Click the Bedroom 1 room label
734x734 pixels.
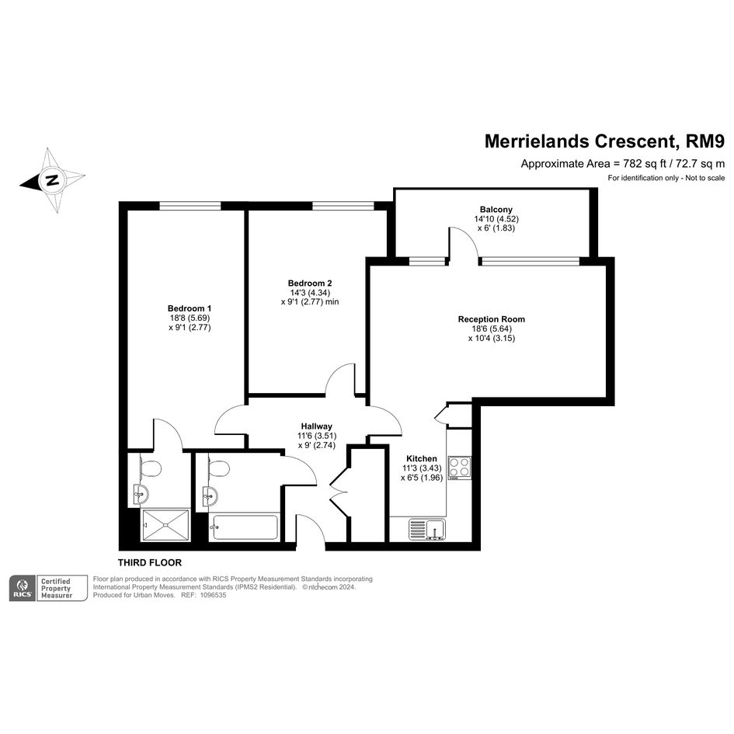click(190, 308)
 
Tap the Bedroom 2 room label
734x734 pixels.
click(310, 284)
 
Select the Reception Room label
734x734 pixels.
click(492, 319)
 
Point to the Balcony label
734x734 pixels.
click(496, 210)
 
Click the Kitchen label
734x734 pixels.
click(422, 459)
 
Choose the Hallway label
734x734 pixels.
click(317, 426)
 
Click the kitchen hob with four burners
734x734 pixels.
click(460, 468)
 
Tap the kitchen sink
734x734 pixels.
click(427, 530)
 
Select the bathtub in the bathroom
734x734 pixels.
click(244, 527)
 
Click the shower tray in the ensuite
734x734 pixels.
click(165, 525)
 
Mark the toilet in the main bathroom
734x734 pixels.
click(219, 468)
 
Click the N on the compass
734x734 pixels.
click(52, 179)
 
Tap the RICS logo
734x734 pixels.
click(23, 589)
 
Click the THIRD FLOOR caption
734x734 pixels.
click(150, 562)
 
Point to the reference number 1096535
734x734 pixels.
click(213, 595)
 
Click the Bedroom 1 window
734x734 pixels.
click(190, 206)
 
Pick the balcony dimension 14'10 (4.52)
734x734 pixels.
click(496, 219)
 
